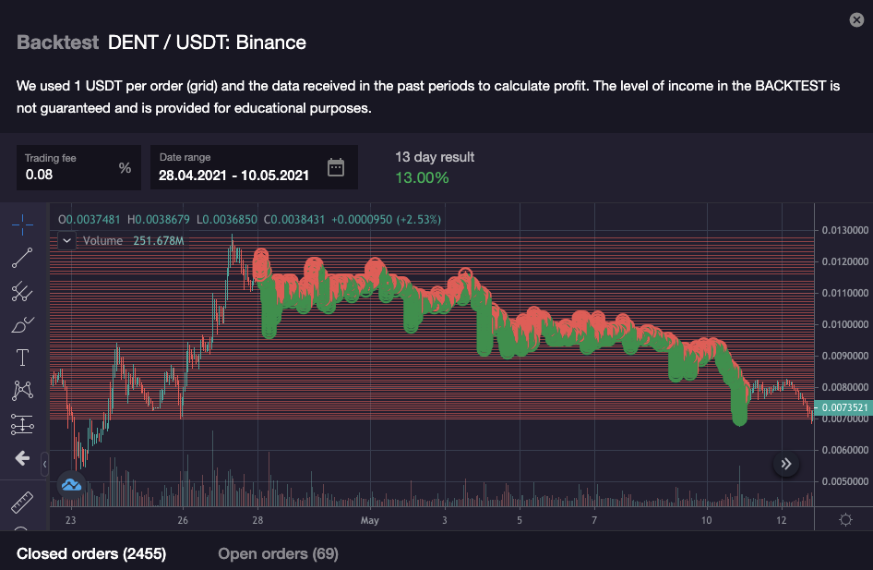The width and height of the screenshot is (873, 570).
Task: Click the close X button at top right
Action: click(x=855, y=20)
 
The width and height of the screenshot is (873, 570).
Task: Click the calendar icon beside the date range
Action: click(x=336, y=167)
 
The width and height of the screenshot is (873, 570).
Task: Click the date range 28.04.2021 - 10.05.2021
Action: click(x=233, y=175)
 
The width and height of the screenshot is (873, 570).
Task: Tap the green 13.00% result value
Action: click(x=422, y=177)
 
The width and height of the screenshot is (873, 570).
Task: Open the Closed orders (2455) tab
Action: click(x=91, y=553)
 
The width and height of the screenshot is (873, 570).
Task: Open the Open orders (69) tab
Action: click(x=278, y=553)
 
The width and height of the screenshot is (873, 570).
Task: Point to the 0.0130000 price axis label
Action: click(x=846, y=230)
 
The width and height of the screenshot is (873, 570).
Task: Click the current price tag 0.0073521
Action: click(x=844, y=407)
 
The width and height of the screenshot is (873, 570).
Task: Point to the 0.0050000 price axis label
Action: click(x=846, y=481)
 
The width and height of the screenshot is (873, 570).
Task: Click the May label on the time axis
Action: click(x=370, y=521)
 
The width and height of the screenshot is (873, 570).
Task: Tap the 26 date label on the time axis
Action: click(x=183, y=521)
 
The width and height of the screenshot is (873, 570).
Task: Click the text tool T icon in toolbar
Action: click(x=22, y=357)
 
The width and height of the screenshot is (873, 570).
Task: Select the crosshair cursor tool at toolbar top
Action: click(x=22, y=224)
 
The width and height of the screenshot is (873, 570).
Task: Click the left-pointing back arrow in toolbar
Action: click(x=22, y=458)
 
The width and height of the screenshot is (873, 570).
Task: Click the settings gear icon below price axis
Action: click(x=845, y=519)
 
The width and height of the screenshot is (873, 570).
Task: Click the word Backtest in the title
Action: click(x=57, y=42)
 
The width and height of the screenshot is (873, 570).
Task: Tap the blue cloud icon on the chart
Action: click(x=71, y=483)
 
